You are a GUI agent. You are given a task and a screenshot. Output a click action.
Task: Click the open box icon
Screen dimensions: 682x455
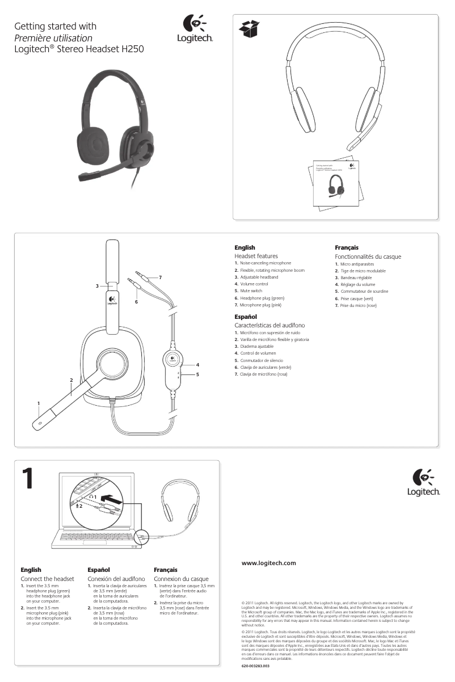tap(249, 29)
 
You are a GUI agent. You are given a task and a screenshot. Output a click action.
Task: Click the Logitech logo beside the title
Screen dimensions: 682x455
tap(195, 30)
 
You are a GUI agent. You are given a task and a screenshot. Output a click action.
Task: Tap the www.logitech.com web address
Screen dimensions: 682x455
tap(269, 563)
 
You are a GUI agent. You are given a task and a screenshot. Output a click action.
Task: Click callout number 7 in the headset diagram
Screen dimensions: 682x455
tap(161, 277)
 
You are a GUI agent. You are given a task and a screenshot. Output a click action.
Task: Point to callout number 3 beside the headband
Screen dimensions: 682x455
tap(97, 285)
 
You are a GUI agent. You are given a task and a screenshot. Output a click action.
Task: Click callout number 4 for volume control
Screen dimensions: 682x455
tap(197, 364)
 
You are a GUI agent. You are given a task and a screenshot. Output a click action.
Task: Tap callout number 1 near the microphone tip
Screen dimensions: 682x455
tap(38, 403)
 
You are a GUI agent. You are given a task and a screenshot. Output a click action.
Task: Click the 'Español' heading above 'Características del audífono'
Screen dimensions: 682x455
tap(246, 316)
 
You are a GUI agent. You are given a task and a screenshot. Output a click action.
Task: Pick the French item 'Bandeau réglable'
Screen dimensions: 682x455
tap(356, 277)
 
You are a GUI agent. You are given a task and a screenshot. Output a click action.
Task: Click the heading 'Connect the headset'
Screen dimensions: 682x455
tap(48, 578)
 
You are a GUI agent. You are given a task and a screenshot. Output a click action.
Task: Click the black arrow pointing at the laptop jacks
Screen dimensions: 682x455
tap(114, 500)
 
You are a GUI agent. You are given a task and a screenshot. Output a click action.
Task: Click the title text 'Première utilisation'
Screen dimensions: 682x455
tap(53, 38)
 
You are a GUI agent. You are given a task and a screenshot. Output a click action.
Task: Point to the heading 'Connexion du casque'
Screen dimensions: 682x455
tap(181, 578)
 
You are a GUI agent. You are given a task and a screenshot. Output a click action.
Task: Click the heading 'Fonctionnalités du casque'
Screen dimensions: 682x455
tap(368, 256)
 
